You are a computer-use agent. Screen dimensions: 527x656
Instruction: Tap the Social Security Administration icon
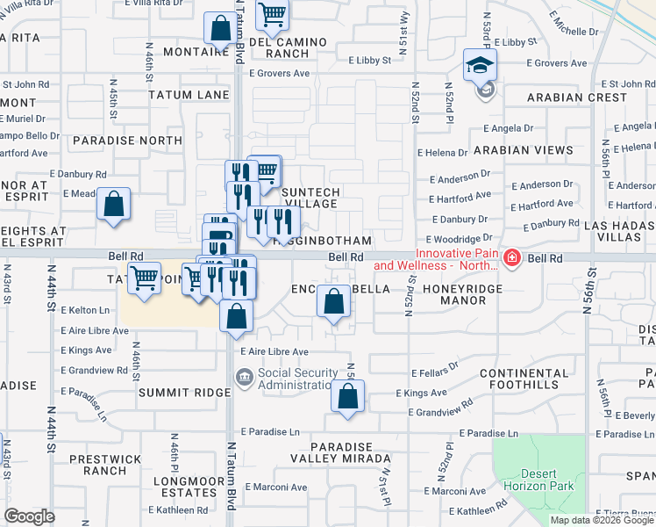pyautogui.click(x=244, y=378)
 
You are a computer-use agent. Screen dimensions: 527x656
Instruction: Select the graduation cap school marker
pyautogui.click(x=480, y=65)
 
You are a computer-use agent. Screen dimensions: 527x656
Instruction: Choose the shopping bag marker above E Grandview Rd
pyautogui.click(x=347, y=397)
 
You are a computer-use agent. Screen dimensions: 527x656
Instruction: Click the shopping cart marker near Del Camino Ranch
pyautogui.click(x=273, y=15)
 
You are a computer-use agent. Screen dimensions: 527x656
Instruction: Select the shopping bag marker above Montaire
pyautogui.click(x=218, y=28)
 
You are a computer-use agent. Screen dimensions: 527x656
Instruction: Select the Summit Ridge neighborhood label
pyautogui.click(x=184, y=393)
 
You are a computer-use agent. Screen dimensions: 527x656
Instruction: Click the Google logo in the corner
pyautogui.click(x=29, y=516)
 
